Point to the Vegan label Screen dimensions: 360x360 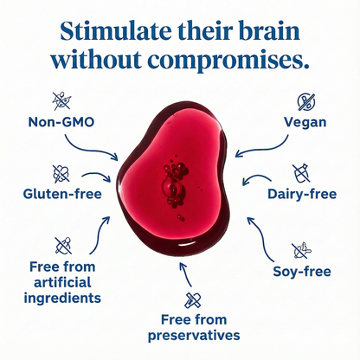point(305,122)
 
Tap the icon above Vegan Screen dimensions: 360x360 point(305,101)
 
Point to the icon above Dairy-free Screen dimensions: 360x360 point(303,171)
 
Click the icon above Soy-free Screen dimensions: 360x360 point(300,251)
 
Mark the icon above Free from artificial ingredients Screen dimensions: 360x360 point(63,244)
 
